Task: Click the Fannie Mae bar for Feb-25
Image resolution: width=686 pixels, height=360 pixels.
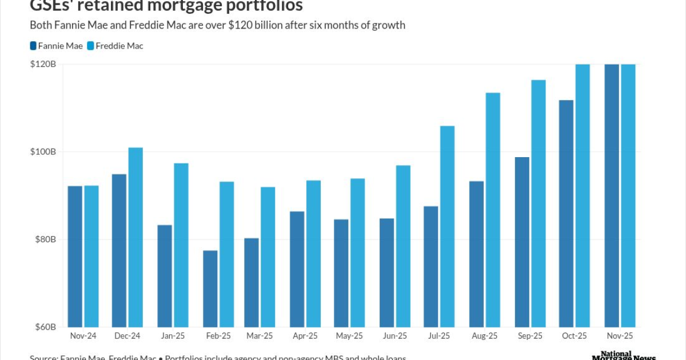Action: click(210, 289)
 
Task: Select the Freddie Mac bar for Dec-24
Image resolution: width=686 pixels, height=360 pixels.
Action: click(135, 237)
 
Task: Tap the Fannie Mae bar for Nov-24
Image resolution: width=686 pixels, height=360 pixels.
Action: click(75, 257)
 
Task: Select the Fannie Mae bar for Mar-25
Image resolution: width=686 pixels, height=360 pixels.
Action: click(252, 282)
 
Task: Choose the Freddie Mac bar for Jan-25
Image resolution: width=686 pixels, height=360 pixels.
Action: click(181, 245)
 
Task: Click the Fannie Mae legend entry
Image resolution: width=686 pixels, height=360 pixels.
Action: click(56, 46)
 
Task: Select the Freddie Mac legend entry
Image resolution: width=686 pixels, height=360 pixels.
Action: click(115, 46)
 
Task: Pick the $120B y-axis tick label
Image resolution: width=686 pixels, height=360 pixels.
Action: click(43, 65)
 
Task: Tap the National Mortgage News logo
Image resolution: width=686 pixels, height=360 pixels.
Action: click(623, 355)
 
